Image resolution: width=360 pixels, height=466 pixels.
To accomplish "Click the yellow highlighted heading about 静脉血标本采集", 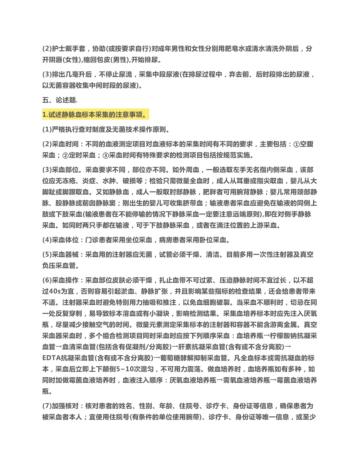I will click(95, 115).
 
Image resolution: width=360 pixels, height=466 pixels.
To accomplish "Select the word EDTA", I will click(51, 358).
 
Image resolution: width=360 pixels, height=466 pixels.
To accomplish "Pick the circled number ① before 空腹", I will click(296, 144).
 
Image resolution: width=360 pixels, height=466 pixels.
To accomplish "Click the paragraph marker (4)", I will click(47, 240).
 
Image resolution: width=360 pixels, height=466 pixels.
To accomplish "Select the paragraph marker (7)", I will click(47, 406).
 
